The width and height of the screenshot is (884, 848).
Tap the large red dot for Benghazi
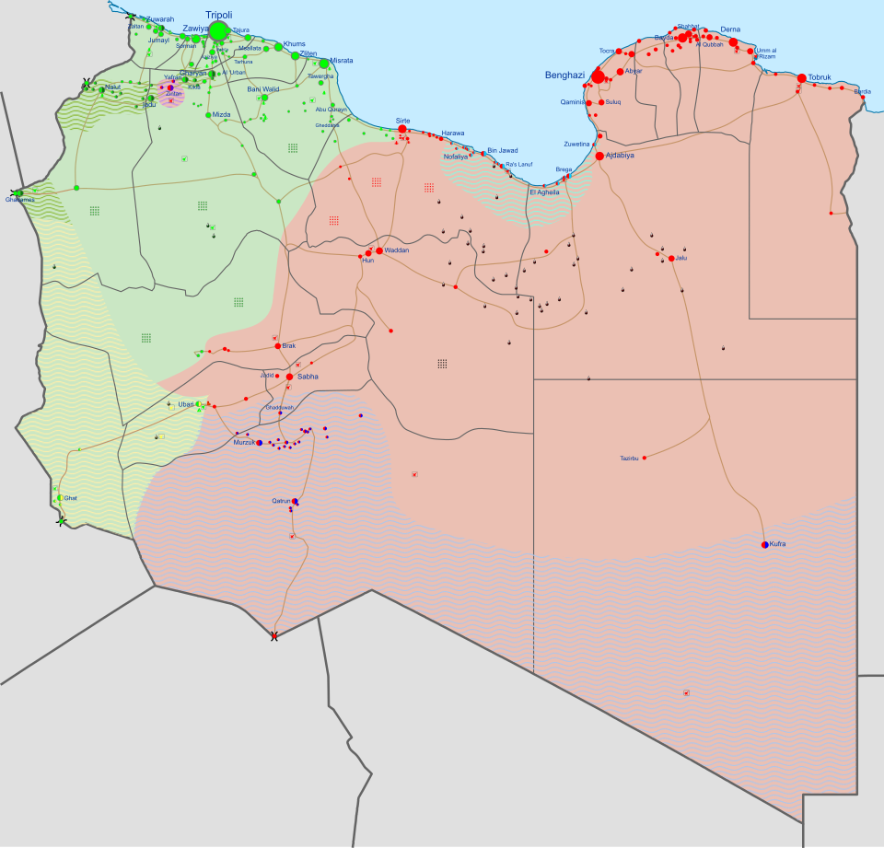599,76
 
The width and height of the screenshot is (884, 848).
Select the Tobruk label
820,77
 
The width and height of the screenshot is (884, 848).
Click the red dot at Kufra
765,545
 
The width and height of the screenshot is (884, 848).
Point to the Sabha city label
308,377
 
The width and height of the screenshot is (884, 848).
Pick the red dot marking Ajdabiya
599,157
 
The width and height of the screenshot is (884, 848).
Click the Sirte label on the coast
403,121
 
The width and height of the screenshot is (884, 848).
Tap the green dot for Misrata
324,64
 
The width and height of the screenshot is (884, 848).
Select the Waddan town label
397,250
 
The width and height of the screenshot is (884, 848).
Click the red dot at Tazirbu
644,458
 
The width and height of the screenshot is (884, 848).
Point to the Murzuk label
243,443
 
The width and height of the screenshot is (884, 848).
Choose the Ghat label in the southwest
71,498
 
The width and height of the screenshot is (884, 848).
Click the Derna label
730,29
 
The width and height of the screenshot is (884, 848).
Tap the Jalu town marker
671,259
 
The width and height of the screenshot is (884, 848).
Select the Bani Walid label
263,89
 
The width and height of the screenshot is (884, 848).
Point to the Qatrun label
281,501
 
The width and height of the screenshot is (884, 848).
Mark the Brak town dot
277,346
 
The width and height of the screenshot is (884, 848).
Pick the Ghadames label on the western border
19,200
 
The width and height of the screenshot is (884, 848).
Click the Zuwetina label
576,145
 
